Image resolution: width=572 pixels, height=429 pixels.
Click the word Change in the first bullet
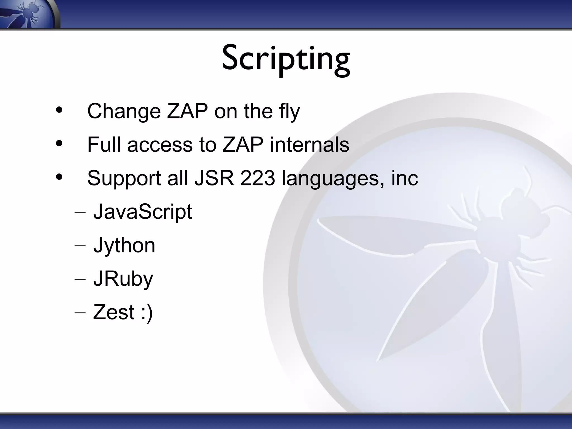[124, 111]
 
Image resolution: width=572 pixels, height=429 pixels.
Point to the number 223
[257, 178]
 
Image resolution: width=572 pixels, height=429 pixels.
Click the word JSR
[214, 178]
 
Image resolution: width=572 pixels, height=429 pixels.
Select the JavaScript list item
[142, 212]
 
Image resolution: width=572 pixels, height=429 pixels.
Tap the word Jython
[124, 246]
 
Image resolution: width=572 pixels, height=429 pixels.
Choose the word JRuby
[123, 279]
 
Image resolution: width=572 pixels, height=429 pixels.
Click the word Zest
[114, 312]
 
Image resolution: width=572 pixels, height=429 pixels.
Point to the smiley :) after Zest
[147, 313]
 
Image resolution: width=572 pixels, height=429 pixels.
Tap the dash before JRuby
[80, 279]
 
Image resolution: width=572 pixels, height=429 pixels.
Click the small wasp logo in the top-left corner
[27, 13]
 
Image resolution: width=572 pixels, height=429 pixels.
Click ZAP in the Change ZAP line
[187, 111]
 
